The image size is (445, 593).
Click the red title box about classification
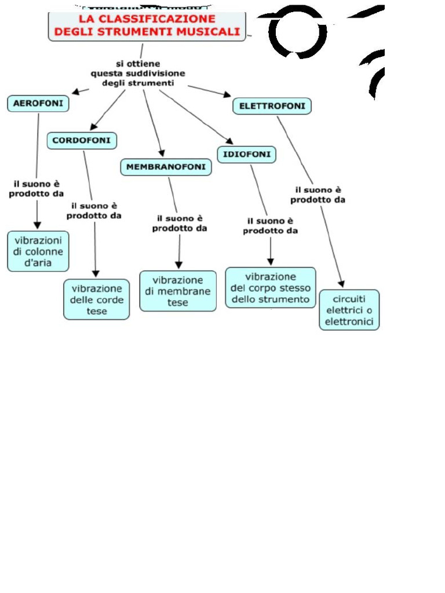147,26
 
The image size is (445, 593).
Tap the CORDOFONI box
82,140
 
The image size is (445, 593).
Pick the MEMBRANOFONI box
166,167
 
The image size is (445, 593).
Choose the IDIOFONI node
247,155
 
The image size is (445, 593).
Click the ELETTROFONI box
272,106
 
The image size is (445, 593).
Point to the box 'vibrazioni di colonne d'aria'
38,251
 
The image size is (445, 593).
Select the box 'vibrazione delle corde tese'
97,299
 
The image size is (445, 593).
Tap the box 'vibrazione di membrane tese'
178,291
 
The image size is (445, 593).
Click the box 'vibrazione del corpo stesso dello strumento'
271,287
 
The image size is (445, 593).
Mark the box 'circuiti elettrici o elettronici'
349,310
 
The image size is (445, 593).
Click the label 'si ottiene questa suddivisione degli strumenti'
138,73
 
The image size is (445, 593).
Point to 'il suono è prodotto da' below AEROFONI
36,189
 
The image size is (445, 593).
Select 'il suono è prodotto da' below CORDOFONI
94,210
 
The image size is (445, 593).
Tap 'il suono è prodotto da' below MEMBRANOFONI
180,223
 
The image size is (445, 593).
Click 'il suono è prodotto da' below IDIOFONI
270,225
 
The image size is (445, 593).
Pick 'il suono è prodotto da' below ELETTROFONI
318,195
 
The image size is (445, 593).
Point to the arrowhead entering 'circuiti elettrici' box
342,284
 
